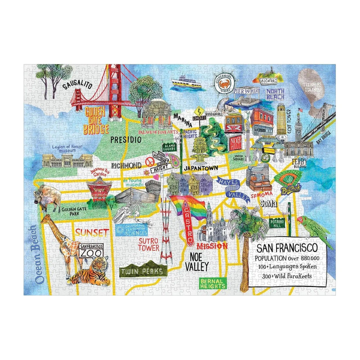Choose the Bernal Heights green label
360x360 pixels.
[x=212, y=283]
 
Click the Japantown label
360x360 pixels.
[x=199, y=168]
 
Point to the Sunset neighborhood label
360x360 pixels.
[x=92, y=232]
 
